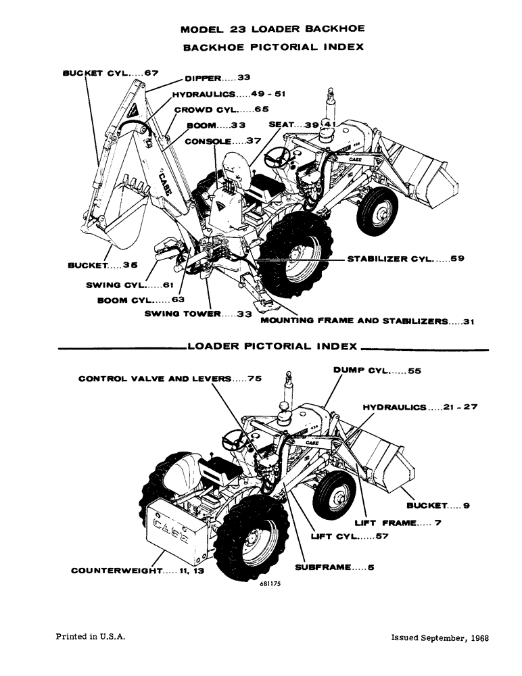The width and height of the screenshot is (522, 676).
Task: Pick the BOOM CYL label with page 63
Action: coord(141,299)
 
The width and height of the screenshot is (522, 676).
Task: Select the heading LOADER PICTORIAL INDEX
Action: coord(272,346)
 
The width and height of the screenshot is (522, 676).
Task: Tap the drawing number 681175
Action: coord(268,586)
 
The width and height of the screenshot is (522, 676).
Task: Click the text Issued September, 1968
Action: coord(440,637)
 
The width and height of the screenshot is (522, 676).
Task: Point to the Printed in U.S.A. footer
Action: coord(89,637)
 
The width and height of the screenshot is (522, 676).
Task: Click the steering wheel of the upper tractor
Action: coord(277,158)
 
